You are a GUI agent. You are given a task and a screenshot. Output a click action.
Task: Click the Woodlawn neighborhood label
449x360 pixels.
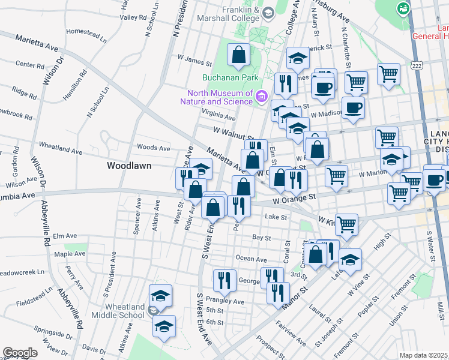coord(129,165)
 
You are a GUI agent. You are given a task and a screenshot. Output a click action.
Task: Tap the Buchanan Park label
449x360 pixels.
coord(230,77)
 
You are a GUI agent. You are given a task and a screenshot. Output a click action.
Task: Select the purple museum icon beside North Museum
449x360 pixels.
coord(262,96)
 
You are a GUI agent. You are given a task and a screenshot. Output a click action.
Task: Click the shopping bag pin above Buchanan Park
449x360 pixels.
coord(239,55)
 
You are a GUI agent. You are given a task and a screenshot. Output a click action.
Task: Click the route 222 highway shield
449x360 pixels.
coord(416,64)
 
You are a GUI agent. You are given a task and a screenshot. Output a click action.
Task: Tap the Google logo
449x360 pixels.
coord(20,353)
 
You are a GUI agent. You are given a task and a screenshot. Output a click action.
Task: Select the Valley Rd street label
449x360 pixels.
coord(133,17)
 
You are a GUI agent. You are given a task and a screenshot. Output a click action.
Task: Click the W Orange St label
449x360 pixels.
coord(294,196)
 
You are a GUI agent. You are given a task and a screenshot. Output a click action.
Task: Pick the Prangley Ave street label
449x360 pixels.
coord(225,301)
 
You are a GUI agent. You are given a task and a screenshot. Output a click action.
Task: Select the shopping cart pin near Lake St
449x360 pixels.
coord(347,224)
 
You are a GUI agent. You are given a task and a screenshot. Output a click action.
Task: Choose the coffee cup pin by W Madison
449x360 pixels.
coord(352,108)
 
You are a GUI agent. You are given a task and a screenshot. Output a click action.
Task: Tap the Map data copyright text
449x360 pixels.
coord(423,355)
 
